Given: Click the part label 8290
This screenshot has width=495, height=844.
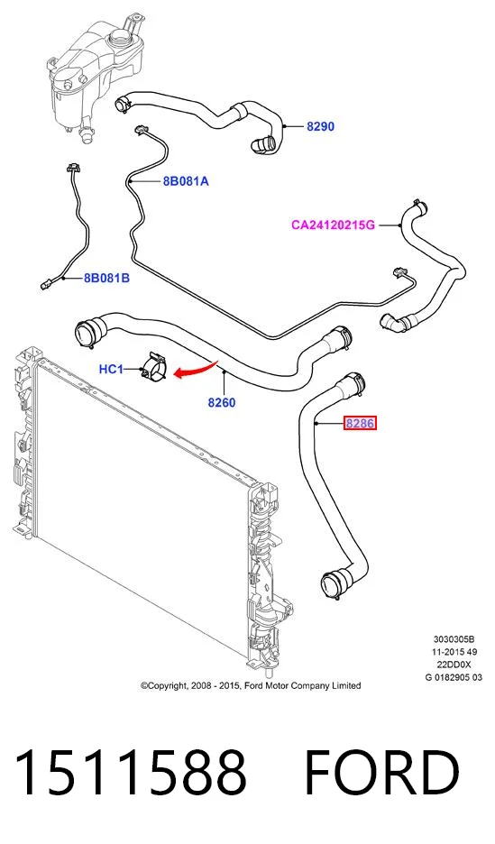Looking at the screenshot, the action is click(x=320, y=126).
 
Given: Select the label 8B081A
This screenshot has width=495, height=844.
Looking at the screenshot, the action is click(x=186, y=181).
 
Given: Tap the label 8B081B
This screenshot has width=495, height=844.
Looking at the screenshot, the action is click(x=106, y=279).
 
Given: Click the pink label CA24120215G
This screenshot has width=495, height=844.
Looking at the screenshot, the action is click(x=333, y=225).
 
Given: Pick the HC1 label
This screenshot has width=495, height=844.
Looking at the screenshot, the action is click(x=111, y=370).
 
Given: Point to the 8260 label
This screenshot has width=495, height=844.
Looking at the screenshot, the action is click(x=222, y=402).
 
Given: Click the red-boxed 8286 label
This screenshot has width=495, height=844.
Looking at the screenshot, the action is click(x=360, y=424).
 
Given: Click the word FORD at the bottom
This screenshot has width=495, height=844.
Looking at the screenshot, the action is click(x=381, y=773).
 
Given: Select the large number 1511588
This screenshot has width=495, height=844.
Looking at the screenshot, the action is click(x=132, y=773).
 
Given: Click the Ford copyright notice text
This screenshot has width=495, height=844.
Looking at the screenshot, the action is click(x=251, y=685).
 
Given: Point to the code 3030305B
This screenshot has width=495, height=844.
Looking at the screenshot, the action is click(x=454, y=639).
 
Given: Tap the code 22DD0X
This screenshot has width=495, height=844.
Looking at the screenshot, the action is click(x=454, y=665).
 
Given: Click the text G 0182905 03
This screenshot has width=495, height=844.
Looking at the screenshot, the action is click(x=454, y=678).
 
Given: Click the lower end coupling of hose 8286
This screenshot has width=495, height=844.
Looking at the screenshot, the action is click(x=335, y=583).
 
